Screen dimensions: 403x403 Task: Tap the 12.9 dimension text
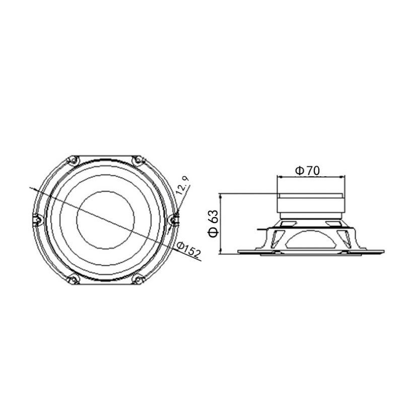coord(183,185)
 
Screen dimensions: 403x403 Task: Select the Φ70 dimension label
coord(307,171)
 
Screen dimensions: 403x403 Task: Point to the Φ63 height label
coord(213,223)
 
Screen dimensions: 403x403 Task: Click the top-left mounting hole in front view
coord(73,161)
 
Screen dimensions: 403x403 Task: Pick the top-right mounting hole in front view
coord(138,161)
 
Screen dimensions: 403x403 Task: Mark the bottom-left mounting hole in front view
coord(73,280)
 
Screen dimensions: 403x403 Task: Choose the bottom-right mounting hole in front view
coord(138,280)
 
